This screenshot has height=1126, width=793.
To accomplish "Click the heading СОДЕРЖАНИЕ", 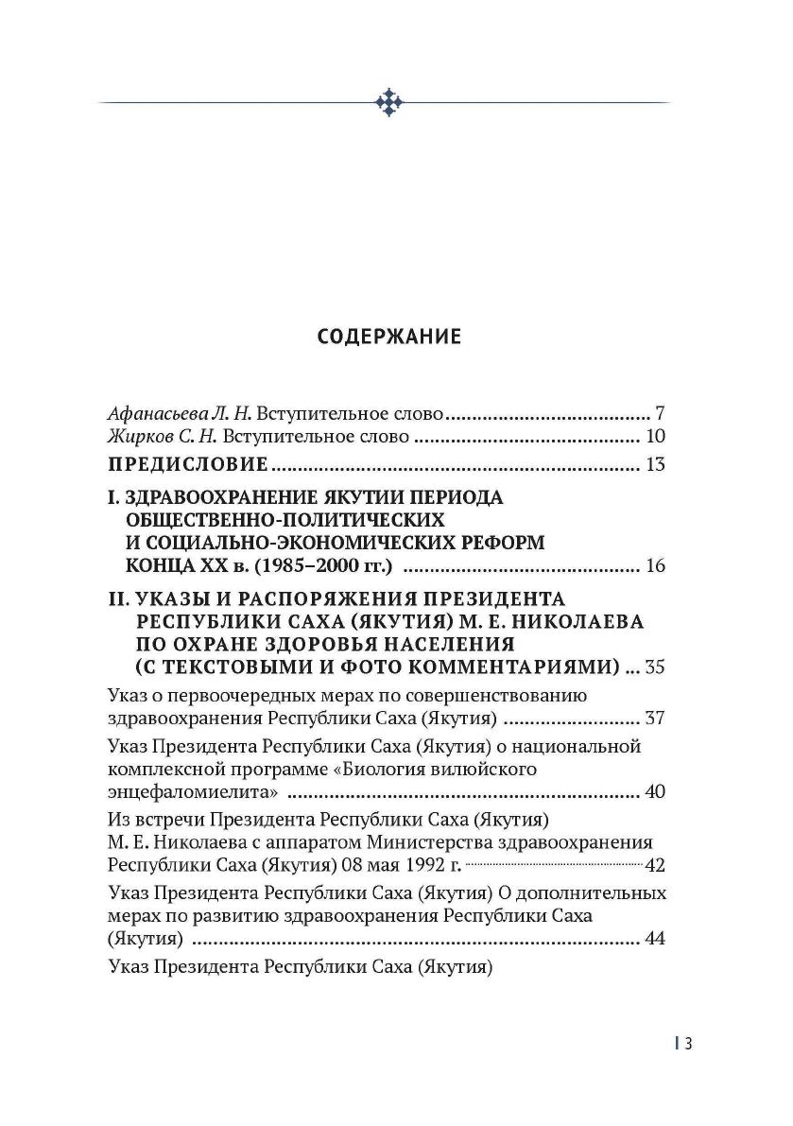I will click(388, 337).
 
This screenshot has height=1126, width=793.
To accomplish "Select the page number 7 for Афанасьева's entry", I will click(661, 414).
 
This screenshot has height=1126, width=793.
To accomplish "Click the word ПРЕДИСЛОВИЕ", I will click(188, 464).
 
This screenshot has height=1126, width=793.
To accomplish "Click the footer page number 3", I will click(689, 1043).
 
